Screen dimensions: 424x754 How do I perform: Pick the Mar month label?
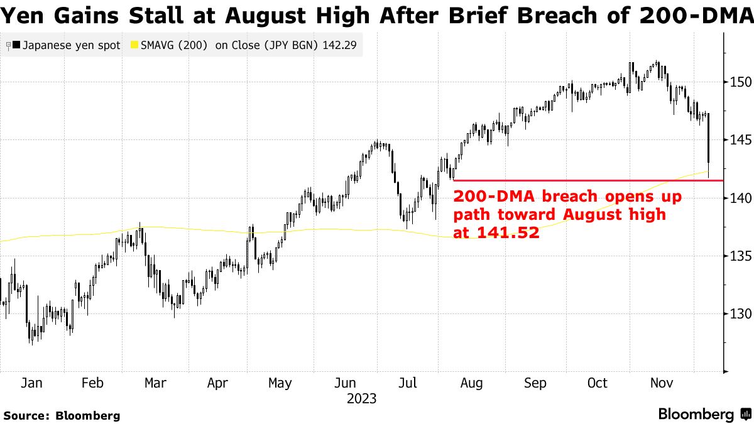point(155,383)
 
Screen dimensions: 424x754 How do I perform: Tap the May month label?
point(280,383)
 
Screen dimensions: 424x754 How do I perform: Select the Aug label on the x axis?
point(471,383)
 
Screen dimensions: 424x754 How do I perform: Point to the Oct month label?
point(598,383)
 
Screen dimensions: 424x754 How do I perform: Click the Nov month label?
point(662,383)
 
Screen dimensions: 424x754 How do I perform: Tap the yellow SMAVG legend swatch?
point(134,46)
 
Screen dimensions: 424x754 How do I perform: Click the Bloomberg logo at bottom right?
point(704,415)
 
